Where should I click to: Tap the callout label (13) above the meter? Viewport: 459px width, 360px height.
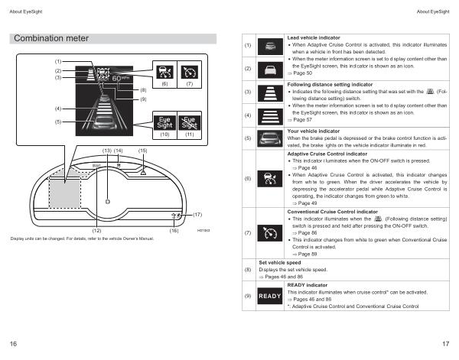[x=106, y=151]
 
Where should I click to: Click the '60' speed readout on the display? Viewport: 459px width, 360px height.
[x=117, y=77]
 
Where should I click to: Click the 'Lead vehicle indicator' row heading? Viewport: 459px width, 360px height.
[x=313, y=37]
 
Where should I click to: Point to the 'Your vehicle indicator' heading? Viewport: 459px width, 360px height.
[x=314, y=131]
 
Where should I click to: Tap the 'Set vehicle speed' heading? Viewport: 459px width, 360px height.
[x=285, y=262]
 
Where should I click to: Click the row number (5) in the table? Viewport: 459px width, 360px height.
[x=246, y=139]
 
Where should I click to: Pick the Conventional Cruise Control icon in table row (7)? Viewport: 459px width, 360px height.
[x=272, y=231]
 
